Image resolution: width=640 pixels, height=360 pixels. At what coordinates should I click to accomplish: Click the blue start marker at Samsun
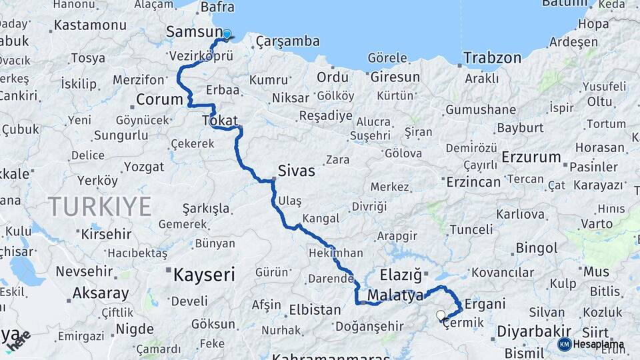tap(227, 35)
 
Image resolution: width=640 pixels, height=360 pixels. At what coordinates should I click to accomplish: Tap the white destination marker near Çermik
tap(440, 315)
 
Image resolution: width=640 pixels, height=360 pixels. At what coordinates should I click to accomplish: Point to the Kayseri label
tap(204, 274)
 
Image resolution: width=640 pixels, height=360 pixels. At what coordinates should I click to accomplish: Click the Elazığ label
tap(401, 275)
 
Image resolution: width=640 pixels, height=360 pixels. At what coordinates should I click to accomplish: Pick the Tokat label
tap(219, 121)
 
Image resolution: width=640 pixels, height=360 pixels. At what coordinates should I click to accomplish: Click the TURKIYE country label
tap(99, 207)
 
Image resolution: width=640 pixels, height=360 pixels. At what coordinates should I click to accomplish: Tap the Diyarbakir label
tap(533, 331)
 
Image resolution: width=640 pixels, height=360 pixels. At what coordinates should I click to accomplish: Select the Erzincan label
tap(473, 181)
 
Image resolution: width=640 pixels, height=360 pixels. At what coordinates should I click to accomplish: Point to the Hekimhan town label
tap(336, 253)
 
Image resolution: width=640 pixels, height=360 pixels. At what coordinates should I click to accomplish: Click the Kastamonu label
tap(90, 25)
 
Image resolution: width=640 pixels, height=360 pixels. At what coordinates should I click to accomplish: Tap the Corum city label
tap(159, 100)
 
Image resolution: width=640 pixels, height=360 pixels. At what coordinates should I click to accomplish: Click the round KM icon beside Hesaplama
tap(565, 344)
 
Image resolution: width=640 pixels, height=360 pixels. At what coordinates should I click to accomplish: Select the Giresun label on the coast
tap(395, 77)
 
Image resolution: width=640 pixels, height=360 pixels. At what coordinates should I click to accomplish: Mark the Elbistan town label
tap(315, 310)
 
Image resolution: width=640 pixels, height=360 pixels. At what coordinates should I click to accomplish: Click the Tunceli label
tap(471, 229)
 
